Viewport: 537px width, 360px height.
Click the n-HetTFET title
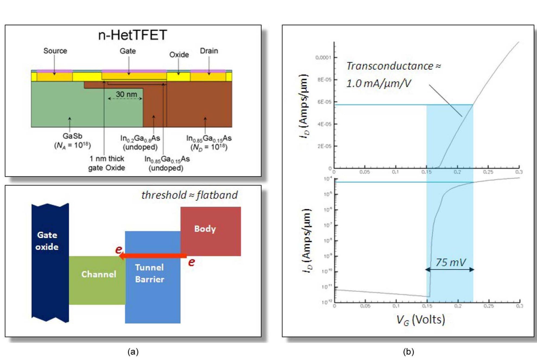132,35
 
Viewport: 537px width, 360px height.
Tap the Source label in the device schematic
55,51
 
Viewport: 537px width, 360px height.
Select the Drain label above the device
209,51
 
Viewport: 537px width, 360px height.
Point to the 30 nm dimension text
126,94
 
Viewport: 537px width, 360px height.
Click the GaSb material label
72,136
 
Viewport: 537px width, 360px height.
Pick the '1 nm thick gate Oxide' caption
107,163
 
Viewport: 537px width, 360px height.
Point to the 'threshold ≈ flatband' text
189,195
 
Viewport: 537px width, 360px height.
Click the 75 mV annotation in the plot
450,262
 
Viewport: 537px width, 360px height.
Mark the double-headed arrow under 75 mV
450,269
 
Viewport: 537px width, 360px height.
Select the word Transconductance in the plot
390,66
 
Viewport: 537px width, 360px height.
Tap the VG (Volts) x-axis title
420,320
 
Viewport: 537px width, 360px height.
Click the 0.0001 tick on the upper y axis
323,58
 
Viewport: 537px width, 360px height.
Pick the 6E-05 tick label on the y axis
324,102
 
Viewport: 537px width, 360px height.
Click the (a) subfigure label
133,352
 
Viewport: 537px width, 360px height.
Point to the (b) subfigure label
408,352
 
